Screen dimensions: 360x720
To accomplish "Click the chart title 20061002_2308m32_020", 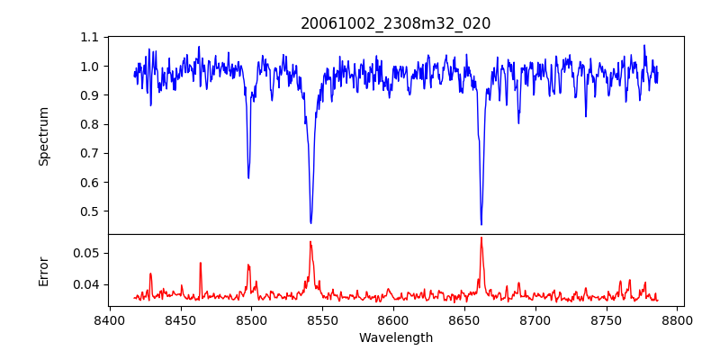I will tap(395, 23).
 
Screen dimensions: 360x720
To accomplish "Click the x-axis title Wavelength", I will tap(395, 337).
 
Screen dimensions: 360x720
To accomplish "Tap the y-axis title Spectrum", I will tap(43, 136).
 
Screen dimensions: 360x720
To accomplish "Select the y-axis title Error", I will tap(43, 270).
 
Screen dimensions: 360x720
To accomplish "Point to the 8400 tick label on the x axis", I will tap(109, 319).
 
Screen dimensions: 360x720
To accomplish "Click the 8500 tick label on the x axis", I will tap(251, 319).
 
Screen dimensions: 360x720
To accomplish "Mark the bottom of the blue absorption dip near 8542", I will tap(310, 222).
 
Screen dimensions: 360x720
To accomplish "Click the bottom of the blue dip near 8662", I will tap(481, 224).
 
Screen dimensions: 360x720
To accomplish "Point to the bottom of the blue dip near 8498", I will tap(248, 177).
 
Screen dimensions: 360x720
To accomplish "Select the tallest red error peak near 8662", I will tap(481, 238).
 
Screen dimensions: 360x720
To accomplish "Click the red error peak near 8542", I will tap(310, 242).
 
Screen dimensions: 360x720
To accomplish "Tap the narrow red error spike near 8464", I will tap(201, 263).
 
